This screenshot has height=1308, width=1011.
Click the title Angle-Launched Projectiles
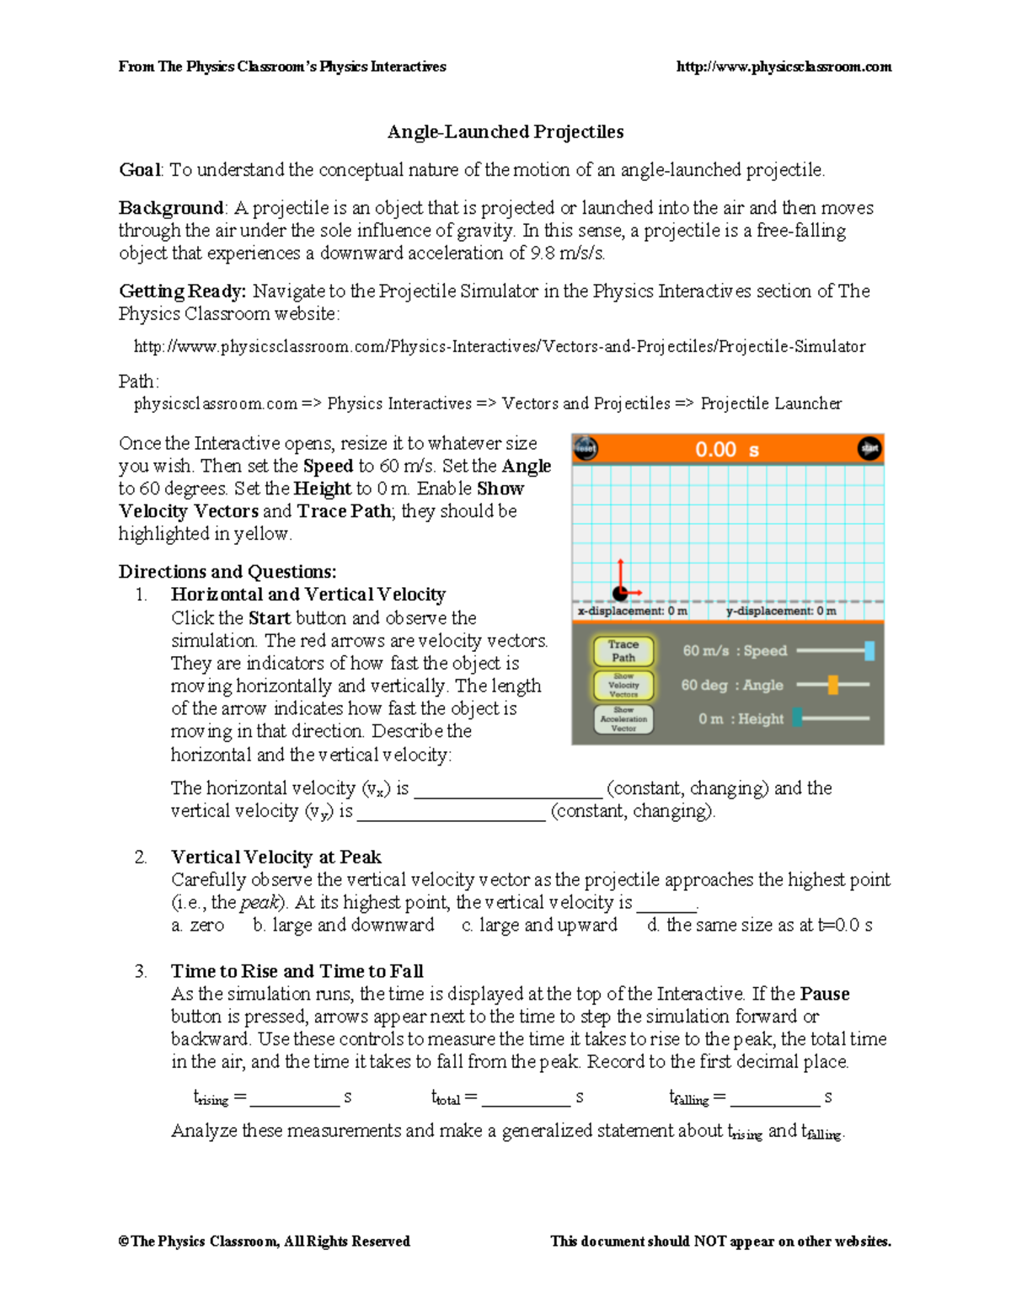coord(505,132)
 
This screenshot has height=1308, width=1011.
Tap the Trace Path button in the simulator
coord(623,650)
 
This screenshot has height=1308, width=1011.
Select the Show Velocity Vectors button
coord(623,686)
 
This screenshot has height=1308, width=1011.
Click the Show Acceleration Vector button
coord(623,719)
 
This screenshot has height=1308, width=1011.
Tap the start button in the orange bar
coord(869,449)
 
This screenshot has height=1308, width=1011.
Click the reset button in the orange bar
coord(586,449)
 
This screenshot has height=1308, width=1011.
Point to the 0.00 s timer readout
coord(726,450)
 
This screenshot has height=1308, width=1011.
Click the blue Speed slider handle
coord(869,650)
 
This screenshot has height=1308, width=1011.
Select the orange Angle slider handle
coord(832,685)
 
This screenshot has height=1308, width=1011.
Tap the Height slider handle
coord(797,718)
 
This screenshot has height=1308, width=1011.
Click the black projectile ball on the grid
coord(620,593)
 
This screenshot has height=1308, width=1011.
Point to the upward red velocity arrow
coord(620,573)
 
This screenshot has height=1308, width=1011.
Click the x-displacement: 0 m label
coord(633,611)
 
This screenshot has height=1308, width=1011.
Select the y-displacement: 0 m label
coord(781,611)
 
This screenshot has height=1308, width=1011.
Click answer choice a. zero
coord(198,926)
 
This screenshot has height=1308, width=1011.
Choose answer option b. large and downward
coord(344,926)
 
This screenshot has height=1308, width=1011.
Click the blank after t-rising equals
coord(294,1097)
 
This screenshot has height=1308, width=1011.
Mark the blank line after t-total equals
coord(526,1097)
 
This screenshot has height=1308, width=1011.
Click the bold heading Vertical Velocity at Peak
coord(276,857)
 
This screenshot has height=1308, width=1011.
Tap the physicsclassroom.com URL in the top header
coord(784,67)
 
